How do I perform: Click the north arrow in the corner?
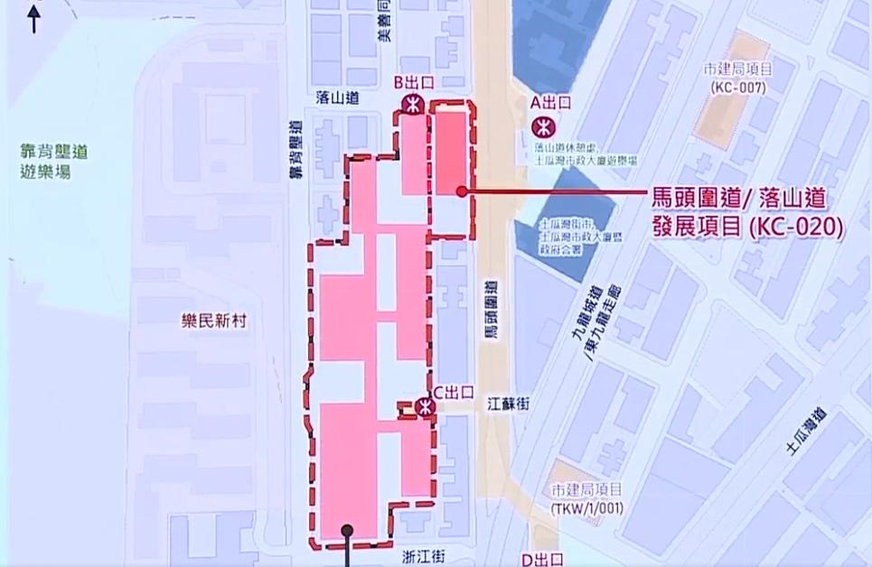(34, 18)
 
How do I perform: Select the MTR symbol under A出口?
(544, 125)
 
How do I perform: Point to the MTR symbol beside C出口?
(426, 407)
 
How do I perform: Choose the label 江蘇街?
(509, 406)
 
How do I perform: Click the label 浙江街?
(422, 557)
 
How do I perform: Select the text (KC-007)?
(738, 88)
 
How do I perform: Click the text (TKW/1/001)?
(586, 509)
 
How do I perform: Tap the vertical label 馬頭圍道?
(492, 311)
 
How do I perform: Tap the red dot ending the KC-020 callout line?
(461, 191)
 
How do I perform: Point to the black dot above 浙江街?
(345, 531)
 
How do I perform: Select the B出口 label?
(416, 82)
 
